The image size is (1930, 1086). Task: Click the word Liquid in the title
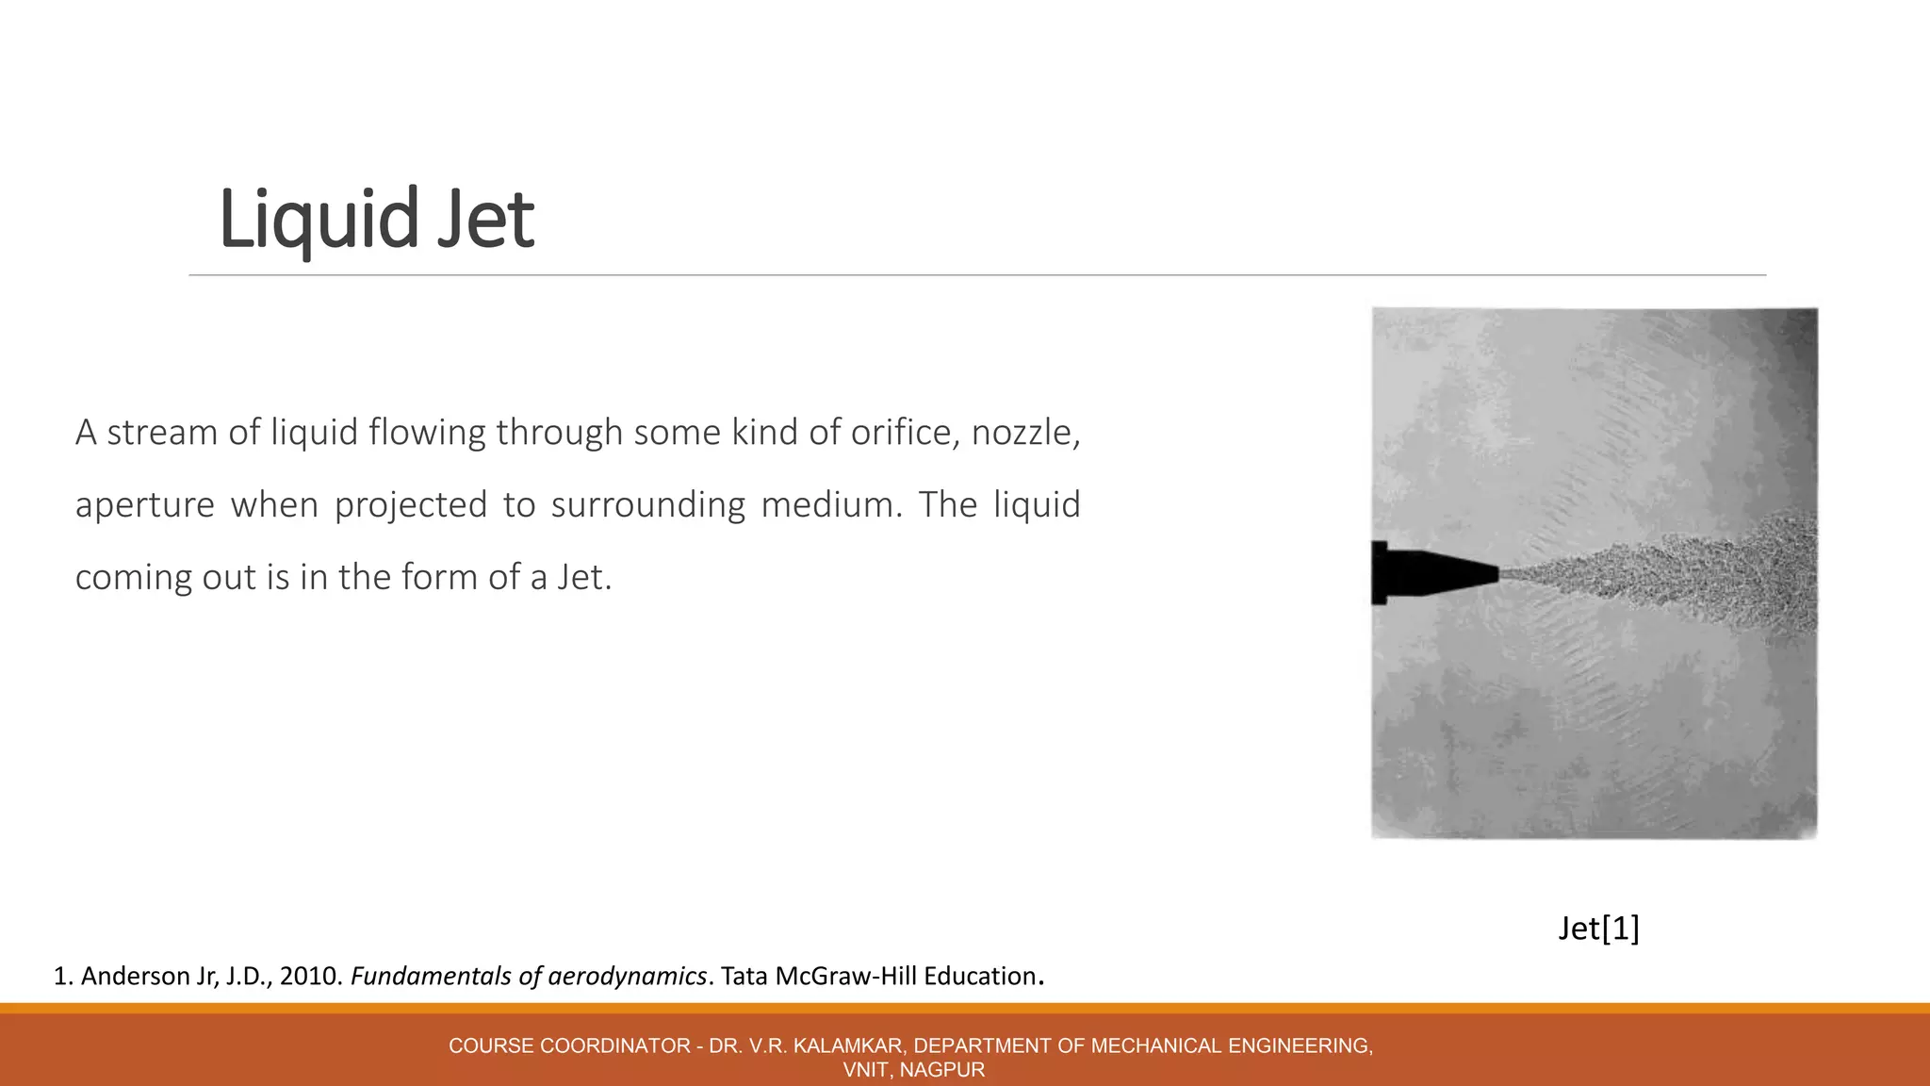coord(318,220)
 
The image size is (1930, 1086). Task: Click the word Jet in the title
coord(484,220)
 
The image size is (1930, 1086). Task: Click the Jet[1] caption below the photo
coord(1598,929)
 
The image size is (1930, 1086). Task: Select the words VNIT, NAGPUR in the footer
coord(913,1070)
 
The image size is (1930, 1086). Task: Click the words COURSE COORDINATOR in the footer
coord(569,1045)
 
